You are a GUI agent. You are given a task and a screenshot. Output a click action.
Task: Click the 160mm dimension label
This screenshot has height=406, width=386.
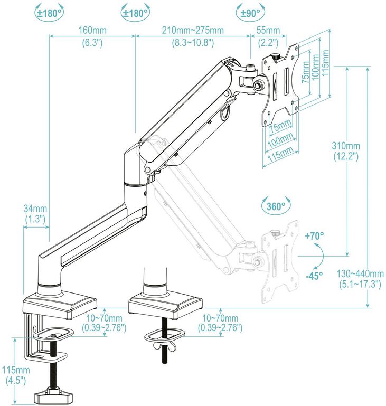92,31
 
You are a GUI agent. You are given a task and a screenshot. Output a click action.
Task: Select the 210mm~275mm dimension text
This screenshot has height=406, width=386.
193,31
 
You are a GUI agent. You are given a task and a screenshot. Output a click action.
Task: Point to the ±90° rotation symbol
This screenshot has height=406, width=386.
250,12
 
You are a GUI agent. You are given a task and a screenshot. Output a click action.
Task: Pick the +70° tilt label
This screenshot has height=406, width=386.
314,236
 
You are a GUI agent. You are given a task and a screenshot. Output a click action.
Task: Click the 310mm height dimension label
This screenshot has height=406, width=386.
346,146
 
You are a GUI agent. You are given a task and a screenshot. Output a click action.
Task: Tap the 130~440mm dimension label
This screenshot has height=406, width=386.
361,273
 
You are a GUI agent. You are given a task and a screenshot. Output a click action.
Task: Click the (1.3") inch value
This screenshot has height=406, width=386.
35,218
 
